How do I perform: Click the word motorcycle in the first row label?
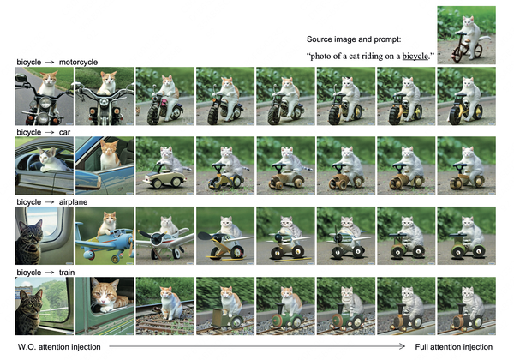point(78,62)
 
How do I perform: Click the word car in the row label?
point(64,132)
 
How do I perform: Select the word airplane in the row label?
point(73,202)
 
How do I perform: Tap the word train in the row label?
point(67,273)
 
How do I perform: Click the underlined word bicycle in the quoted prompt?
point(415,57)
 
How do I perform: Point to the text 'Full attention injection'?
point(454,347)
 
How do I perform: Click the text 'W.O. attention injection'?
point(59,347)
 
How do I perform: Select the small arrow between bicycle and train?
point(50,273)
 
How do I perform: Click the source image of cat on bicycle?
point(467,35)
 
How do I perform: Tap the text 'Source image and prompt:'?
point(354,39)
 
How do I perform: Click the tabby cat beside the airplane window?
point(29,241)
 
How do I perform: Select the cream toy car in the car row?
point(164,177)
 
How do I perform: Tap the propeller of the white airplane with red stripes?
point(156,237)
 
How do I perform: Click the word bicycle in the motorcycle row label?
point(29,62)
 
